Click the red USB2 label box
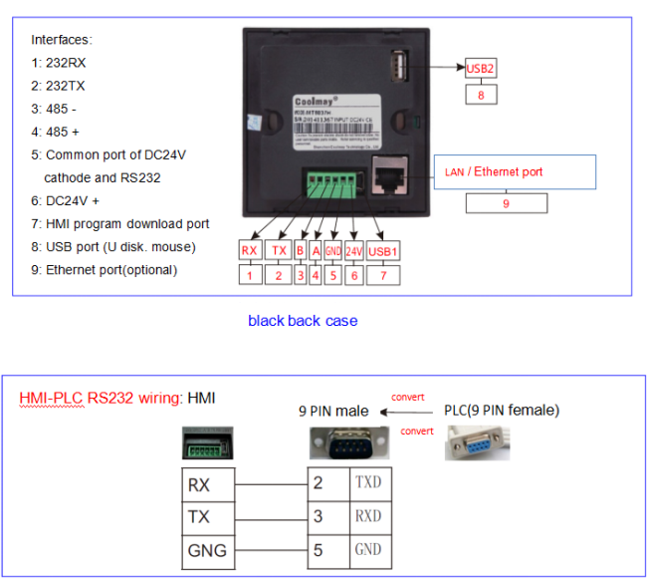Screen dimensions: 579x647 (481, 69)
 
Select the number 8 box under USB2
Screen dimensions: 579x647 (481, 95)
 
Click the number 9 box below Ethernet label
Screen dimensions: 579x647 (505, 202)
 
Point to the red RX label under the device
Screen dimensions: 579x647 (250, 251)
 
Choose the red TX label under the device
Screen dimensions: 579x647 (279, 251)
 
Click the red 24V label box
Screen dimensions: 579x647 (353, 251)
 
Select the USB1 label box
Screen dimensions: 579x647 (382, 251)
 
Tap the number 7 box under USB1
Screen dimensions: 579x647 (382, 276)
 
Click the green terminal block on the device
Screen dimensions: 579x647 (334, 183)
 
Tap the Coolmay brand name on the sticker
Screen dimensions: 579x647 (317, 101)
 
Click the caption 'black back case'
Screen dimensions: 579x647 (302, 321)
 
